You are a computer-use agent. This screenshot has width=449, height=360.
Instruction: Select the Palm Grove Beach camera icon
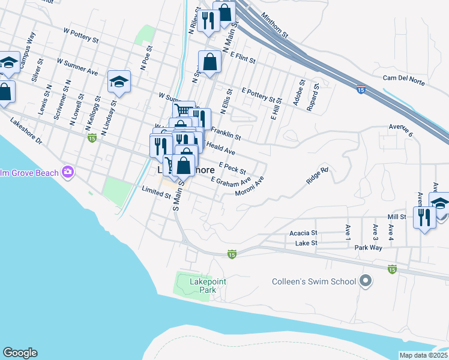pyautogui.click(x=68, y=173)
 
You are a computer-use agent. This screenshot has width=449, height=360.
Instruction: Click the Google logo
pyautogui.click(x=20, y=353)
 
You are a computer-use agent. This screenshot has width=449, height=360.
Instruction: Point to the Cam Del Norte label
pyautogui.click(x=408, y=77)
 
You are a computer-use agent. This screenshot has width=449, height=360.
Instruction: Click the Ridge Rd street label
pyautogui.click(x=317, y=176)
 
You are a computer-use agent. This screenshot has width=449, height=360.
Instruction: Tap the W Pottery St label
pyautogui.click(x=81, y=35)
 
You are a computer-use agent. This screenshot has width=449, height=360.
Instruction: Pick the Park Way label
pyautogui.click(x=368, y=247)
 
